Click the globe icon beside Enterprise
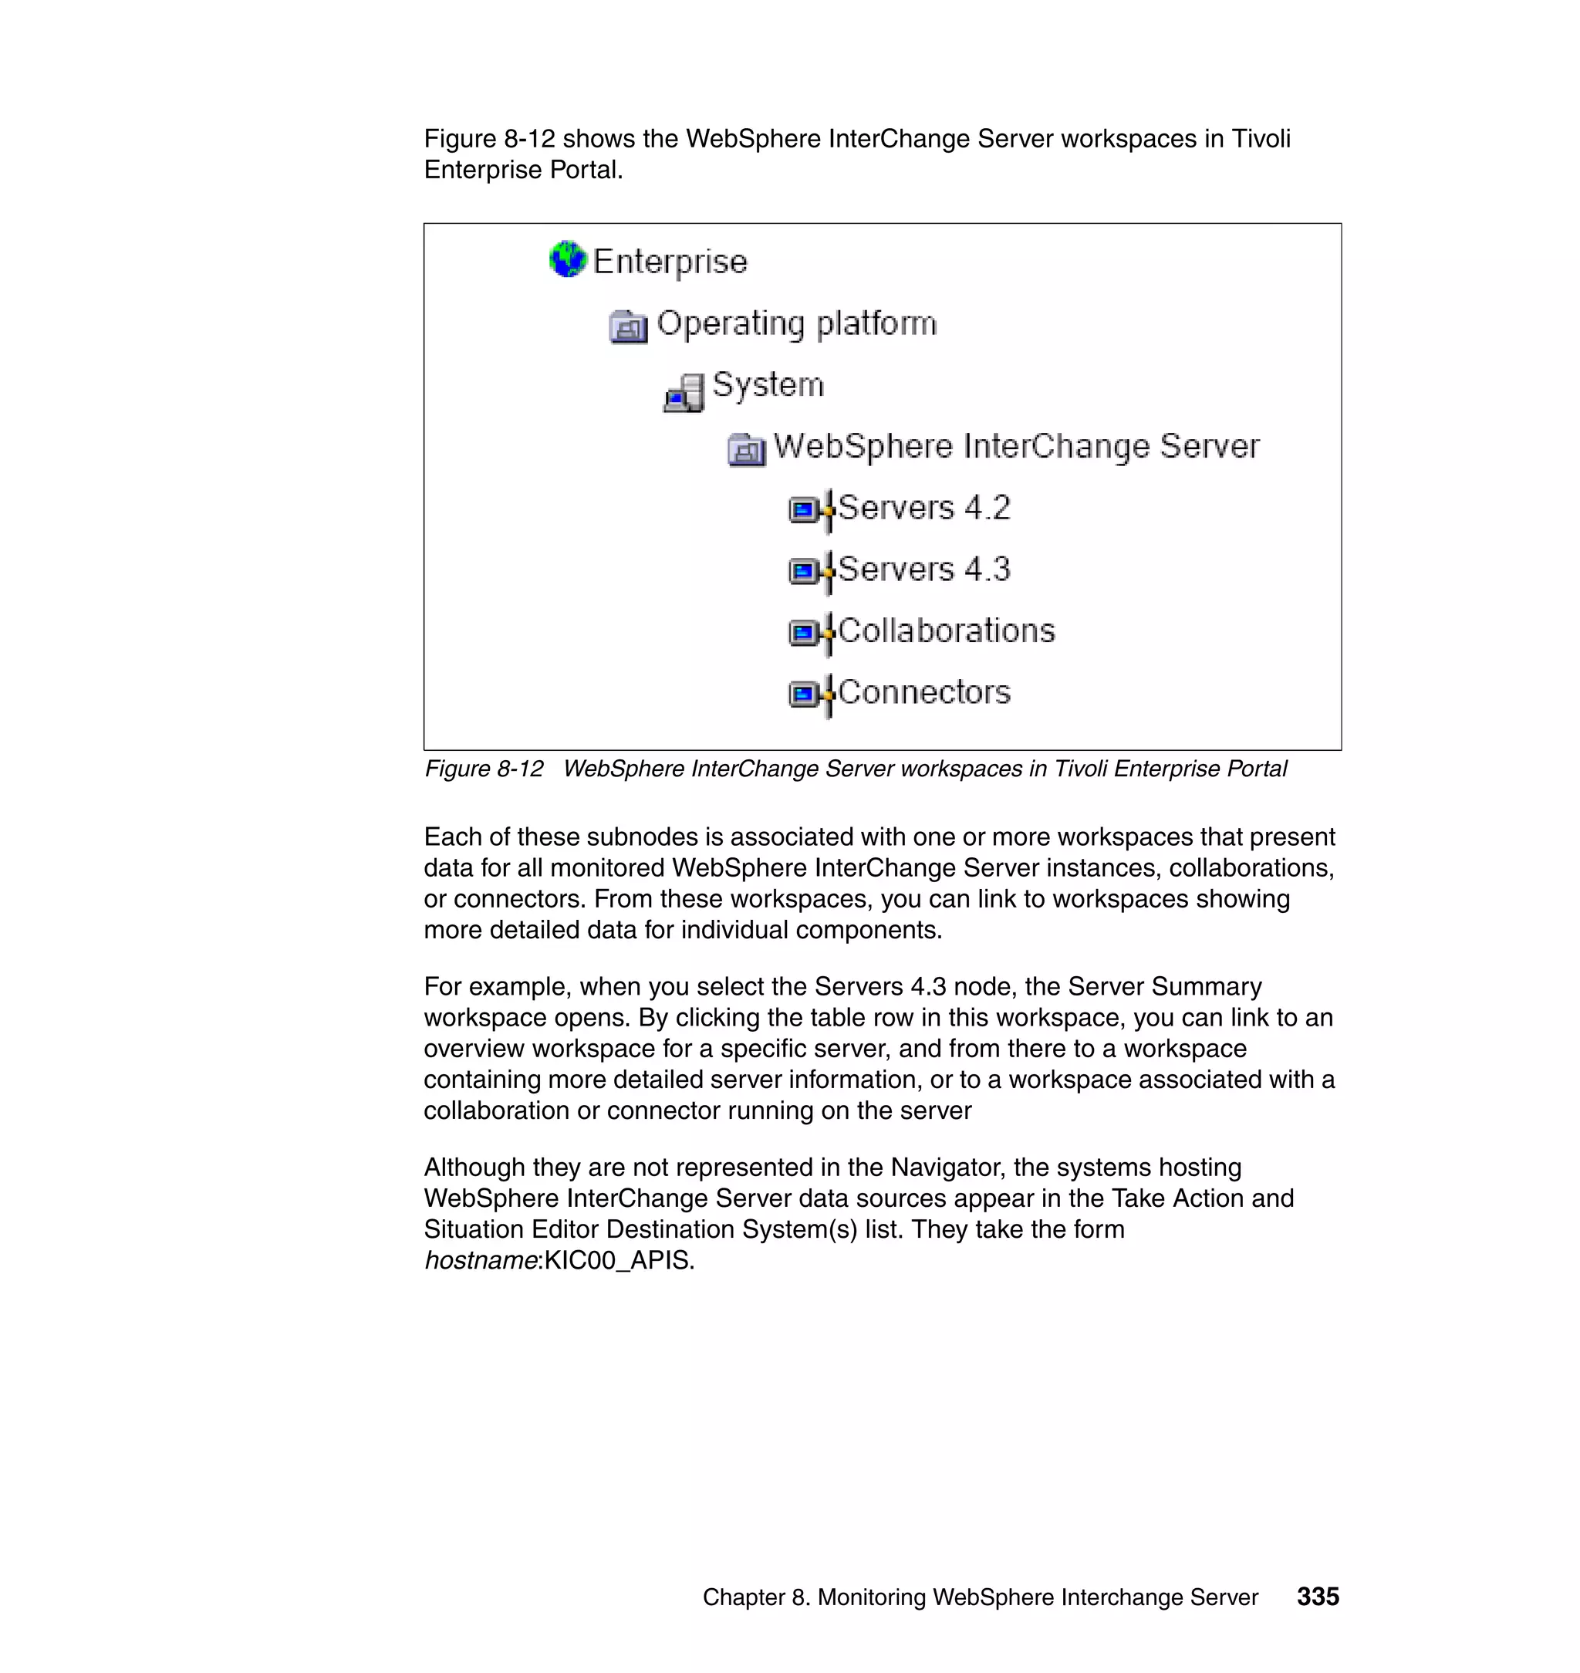click(x=568, y=259)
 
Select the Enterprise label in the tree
click(x=670, y=261)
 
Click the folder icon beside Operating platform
click(x=628, y=326)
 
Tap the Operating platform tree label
click(x=796, y=323)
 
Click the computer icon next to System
click(x=684, y=393)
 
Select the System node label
click(x=768, y=385)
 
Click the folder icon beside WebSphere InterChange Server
click(x=746, y=449)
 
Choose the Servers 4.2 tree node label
click(x=924, y=508)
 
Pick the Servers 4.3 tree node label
click(x=924, y=569)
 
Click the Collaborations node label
click(x=946, y=631)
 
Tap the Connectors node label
click(x=924, y=692)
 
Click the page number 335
click(x=1317, y=1597)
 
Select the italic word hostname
click(x=480, y=1260)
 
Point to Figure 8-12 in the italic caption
click(x=484, y=769)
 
